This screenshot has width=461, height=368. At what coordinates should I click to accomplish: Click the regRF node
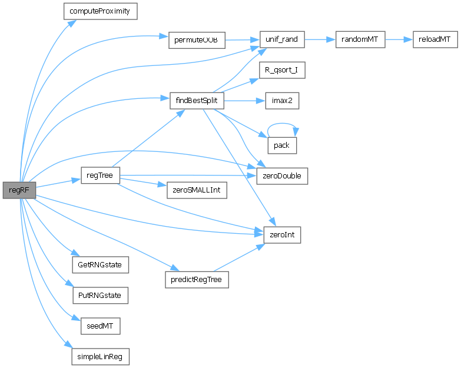click(x=19, y=190)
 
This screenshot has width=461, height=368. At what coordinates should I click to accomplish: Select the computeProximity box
click(x=100, y=11)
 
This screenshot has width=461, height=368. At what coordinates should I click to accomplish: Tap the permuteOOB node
click(x=196, y=39)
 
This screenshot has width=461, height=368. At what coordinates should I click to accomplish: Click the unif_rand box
click(x=282, y=39)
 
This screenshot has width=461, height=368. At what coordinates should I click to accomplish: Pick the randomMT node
click(x=360, y=39)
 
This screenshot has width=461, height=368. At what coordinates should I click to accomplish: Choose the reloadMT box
click(x=434, y=39)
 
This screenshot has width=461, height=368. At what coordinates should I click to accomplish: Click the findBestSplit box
click(x=196, y=101)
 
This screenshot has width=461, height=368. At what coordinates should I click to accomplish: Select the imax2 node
click(x=282, y=101)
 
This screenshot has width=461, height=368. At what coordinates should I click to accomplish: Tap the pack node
click(x=282, y=145)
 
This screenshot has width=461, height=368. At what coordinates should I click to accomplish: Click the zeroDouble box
click(x=282, y=175)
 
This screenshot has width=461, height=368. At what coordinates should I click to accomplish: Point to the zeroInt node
click(x=282, y=235)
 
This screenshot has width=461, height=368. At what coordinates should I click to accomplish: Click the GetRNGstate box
click(x=100, y=265)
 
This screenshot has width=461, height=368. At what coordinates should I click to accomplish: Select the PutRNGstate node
click(x=100, y=295)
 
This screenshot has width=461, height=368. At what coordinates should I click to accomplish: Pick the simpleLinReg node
click(x=100, y=356)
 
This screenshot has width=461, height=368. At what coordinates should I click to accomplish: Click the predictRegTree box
click(x=196, y=280)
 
